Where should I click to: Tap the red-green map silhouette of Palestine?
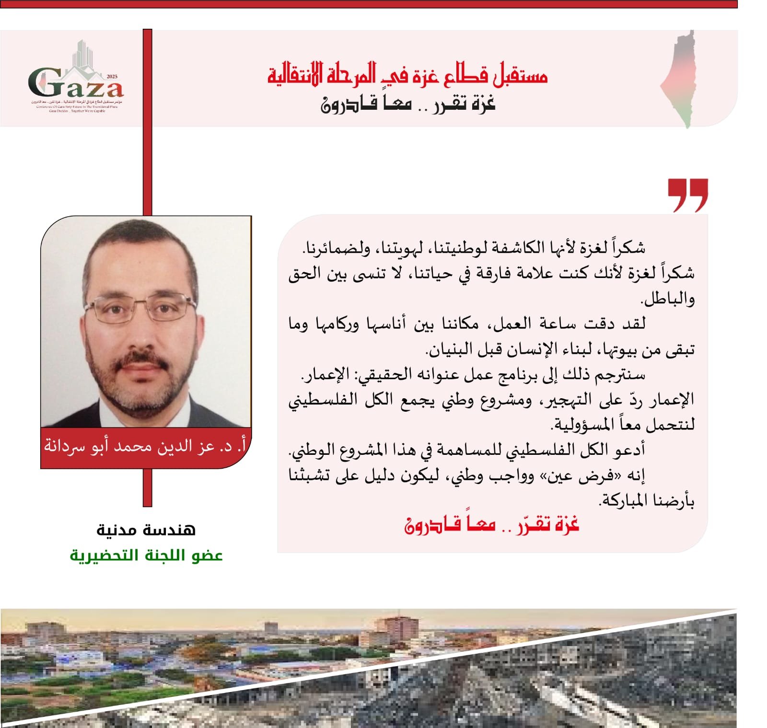click(x=680, y=79)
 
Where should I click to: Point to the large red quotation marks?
click(x=687, y=194)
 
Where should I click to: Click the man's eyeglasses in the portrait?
click(x=140, y=307)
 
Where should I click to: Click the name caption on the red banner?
click(x=145, y=446)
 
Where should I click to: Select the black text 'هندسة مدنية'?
click(x=146, y=530)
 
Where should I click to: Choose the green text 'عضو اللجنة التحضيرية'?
click(x=146, y=555)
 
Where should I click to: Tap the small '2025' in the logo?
click(x=112, y=77)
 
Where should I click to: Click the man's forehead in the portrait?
click(x=139, y=259)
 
